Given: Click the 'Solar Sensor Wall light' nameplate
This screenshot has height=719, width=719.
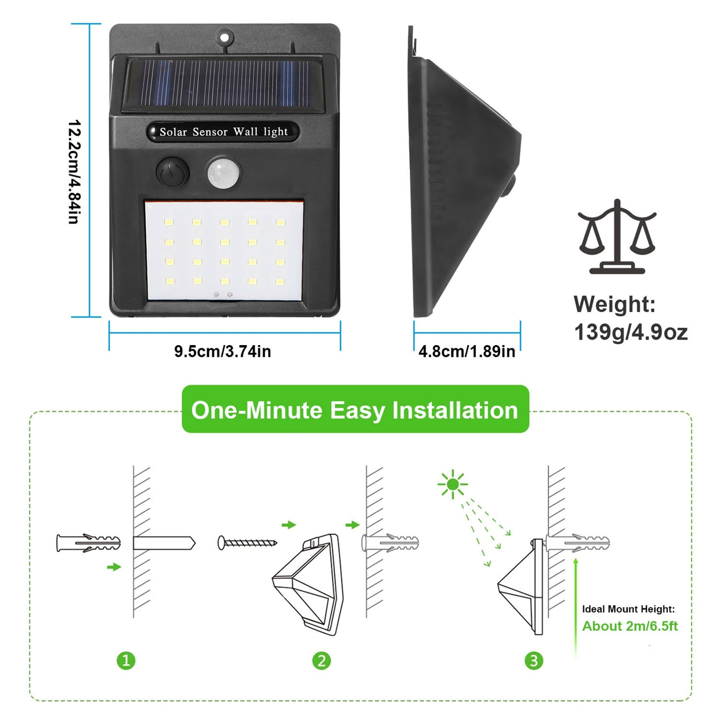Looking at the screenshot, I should click(x=223, y=132).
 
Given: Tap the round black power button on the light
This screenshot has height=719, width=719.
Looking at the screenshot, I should click(x=172, y=172).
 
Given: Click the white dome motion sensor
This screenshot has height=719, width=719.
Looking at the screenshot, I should click(x=223, y=173).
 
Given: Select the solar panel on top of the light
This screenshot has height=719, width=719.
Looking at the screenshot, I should click(x=223, y=84).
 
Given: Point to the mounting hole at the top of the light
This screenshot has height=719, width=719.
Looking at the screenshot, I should click(x=224, y=37).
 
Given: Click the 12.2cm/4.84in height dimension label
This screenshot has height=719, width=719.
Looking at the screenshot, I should click(x=74, y=172).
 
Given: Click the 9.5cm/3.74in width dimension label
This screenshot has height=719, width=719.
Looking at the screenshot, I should click(x=222, y=351).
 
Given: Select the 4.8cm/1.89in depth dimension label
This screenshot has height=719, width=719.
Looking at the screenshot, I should click(x=466, y=351).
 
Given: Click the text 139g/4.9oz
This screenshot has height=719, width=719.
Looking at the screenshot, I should click(x=630, y=332).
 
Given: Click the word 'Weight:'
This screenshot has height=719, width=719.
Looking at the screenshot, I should click(x=615, y=304).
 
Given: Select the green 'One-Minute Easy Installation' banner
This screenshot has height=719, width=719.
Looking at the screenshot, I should click(x=355, y=410).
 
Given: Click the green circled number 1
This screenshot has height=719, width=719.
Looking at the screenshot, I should click(x=126, y=660).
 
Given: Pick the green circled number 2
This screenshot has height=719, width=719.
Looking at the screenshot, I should click(x=321, y=660).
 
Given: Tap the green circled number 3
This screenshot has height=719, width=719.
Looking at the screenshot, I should click(x=534, y=660).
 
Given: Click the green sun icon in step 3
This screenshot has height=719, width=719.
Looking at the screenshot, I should click(x=452, y=484).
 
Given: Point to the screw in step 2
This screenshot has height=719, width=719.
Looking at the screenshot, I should click(x=247, y=542).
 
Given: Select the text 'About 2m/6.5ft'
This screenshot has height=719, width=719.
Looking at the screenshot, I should click(x=630, y=626).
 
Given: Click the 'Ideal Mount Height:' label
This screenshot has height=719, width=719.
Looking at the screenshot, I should click(x=628, y=609).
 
